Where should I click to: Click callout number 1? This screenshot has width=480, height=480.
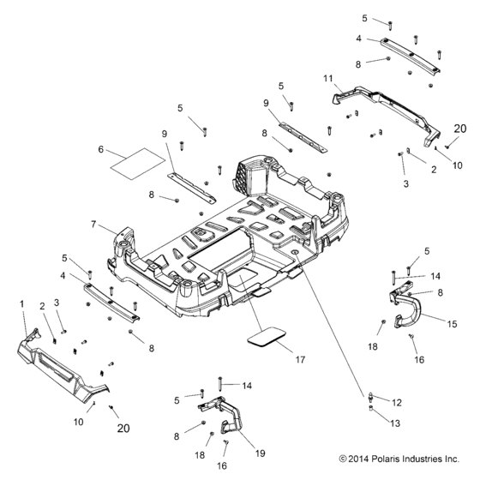(x=21, y=304)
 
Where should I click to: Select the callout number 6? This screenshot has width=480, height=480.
(x=101, y=149)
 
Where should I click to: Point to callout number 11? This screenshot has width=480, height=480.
(x=327, y=78)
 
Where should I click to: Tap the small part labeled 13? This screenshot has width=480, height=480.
(x=370, y=410)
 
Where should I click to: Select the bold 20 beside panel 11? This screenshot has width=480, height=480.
(x=459, y=129)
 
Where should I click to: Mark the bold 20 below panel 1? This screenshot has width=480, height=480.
(x=123, y=429)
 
